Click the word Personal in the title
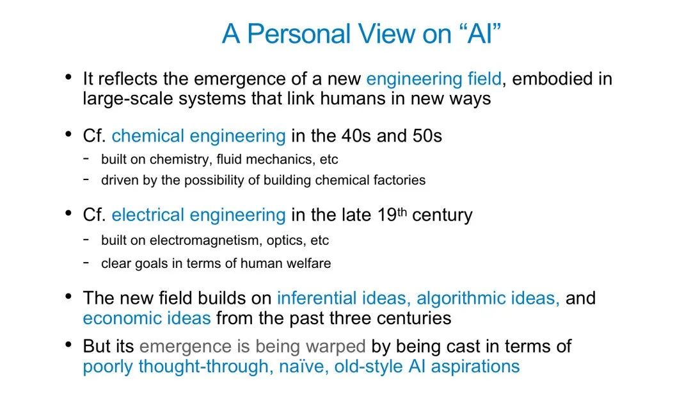[x=299, y=33]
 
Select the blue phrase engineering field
[x=434, y=79]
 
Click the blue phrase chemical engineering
[x=198, y=136]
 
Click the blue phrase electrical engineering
[x=198, y=215]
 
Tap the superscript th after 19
[x=401, y=211]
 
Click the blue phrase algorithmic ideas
[x=488, y=298]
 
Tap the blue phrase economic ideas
[x=147, y=319]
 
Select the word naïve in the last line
[x=304, y=367]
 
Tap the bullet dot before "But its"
[x=68, y=344]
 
